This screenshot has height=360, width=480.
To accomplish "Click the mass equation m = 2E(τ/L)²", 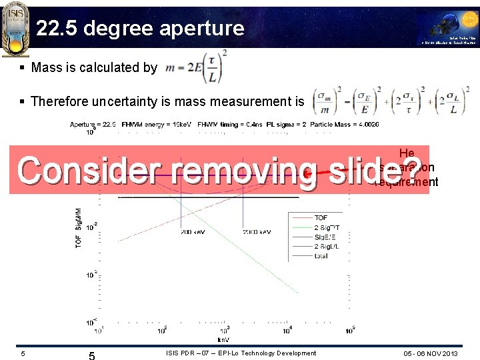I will (196, 67).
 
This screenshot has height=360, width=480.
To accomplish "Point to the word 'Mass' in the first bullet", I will (47, 67).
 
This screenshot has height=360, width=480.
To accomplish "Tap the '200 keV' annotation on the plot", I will (193, 232).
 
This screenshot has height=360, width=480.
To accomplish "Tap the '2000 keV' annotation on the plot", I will (256, 232).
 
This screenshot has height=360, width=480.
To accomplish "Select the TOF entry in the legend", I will (321, 217).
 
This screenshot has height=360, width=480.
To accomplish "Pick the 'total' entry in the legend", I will (321, 255).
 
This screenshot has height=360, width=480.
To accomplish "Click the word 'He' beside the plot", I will (407, 153).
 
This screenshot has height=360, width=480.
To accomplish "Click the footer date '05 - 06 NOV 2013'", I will (431, 353).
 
